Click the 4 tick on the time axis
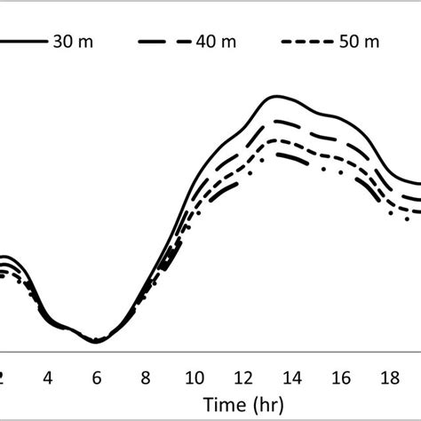point(49,377)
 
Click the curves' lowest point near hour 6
point(97,341)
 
